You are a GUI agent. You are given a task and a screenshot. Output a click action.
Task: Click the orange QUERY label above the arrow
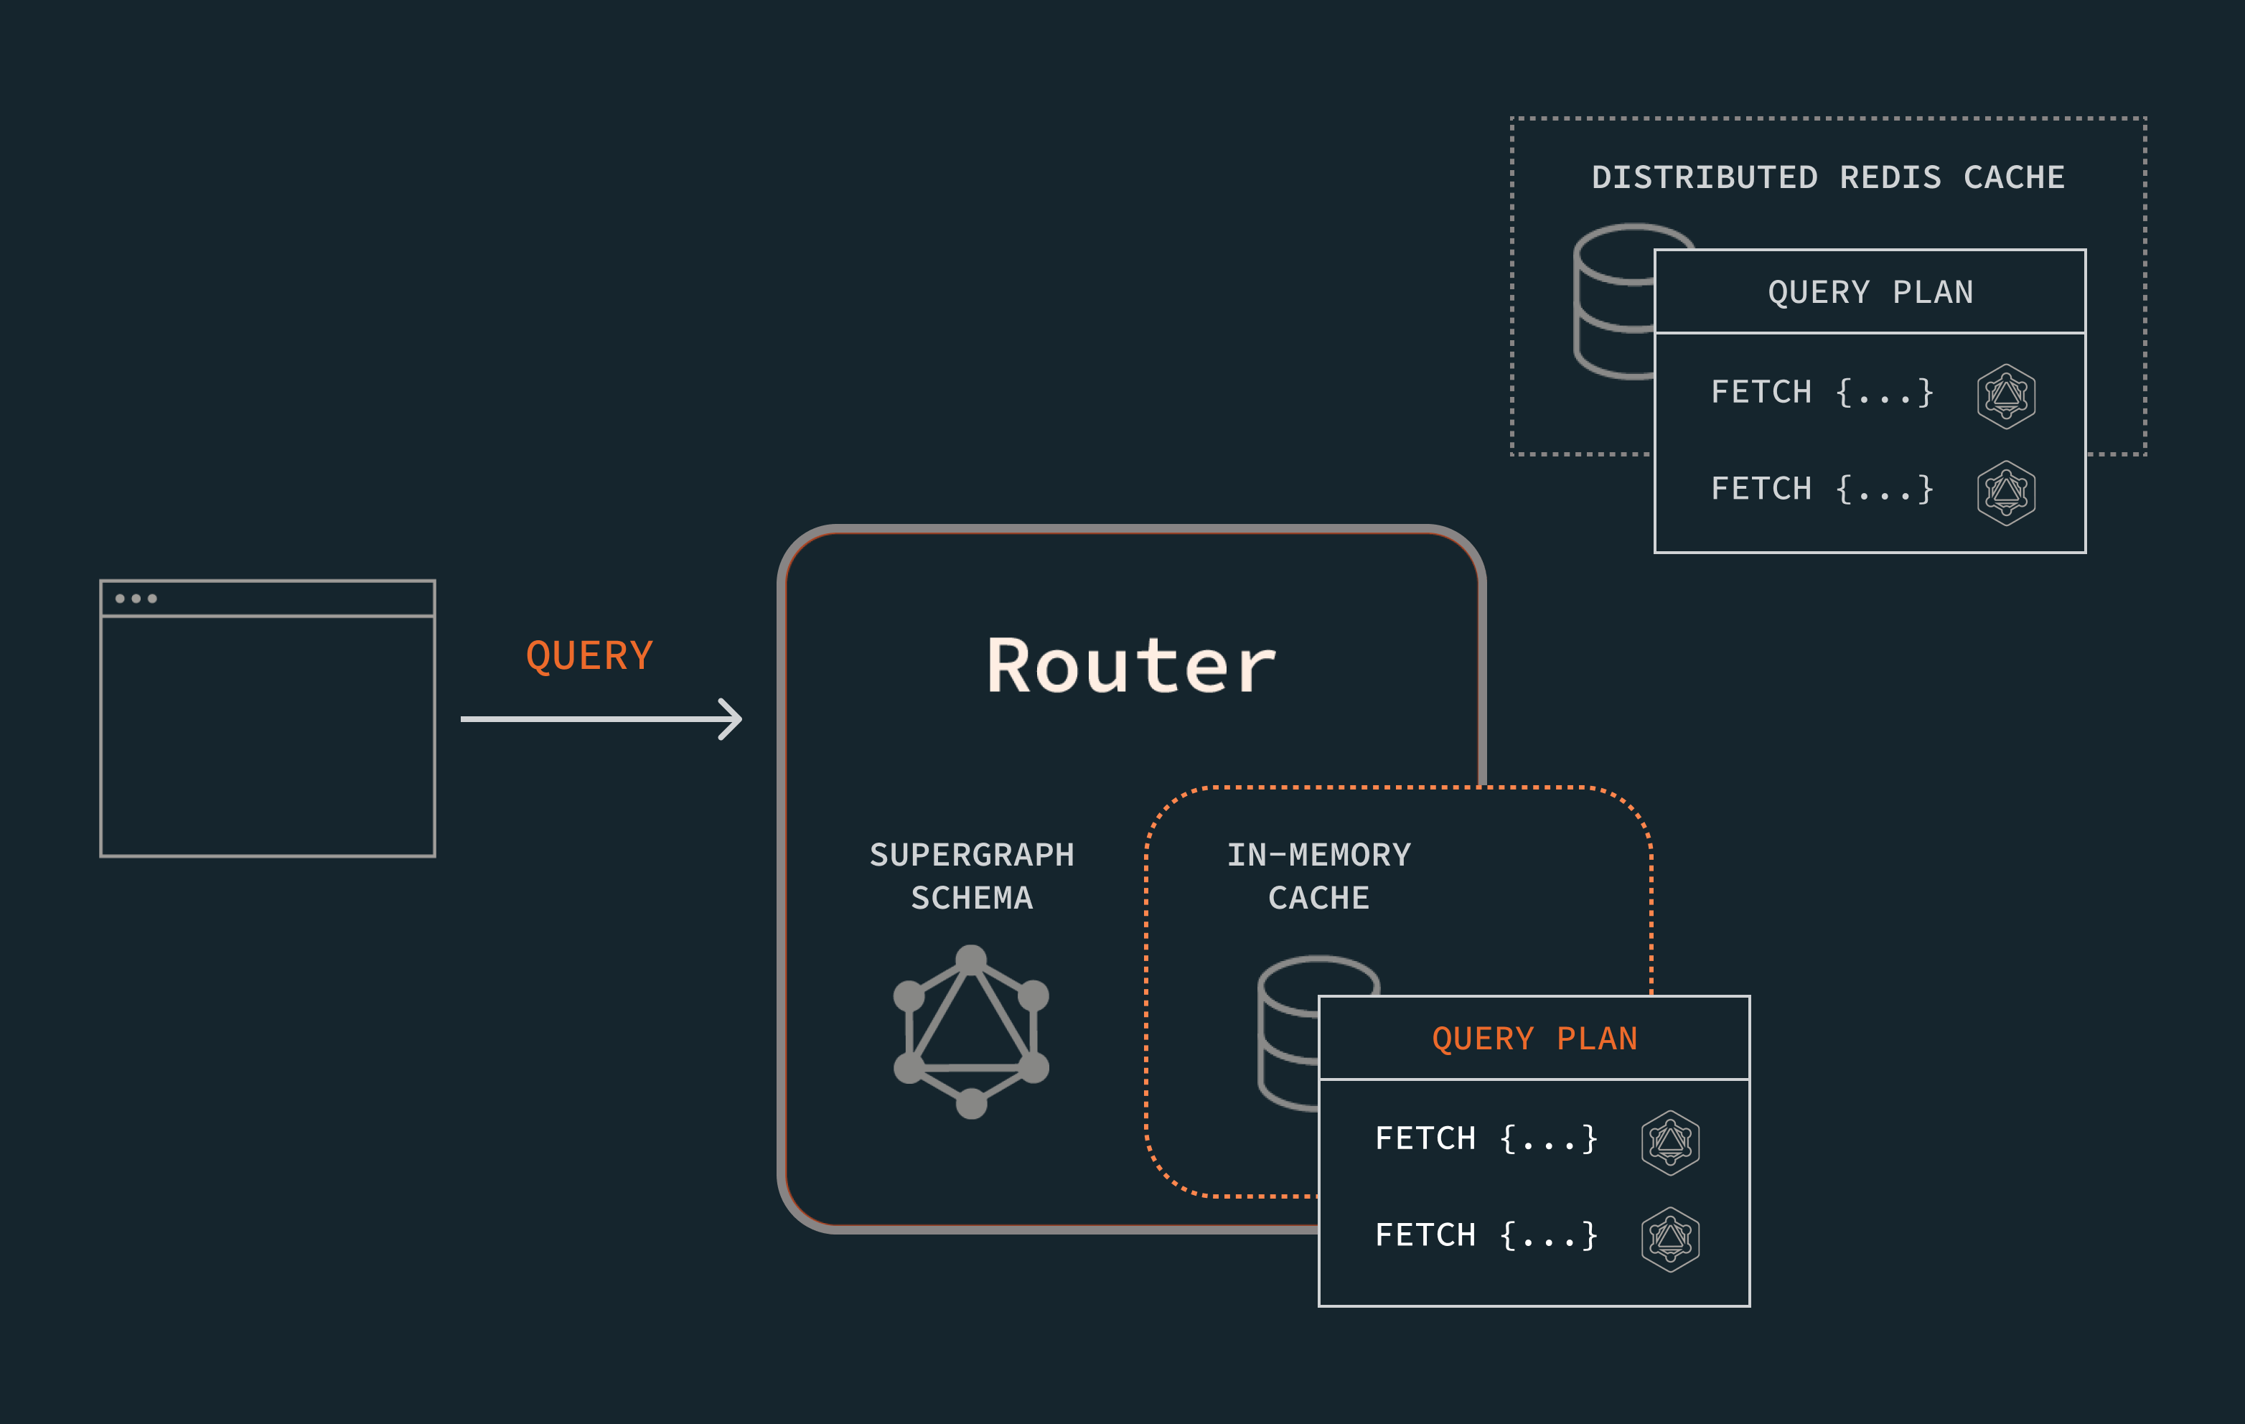(589, 655)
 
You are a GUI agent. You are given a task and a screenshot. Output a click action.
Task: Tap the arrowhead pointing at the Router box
(733, 719)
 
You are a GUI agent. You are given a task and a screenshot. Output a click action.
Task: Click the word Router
(1131, 666)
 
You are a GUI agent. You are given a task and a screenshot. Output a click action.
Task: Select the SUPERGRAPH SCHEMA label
(972, 876)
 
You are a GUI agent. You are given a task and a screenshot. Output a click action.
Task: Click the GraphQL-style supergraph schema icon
(972, 1031)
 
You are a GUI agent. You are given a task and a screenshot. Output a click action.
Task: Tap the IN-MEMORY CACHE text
(1318, 876)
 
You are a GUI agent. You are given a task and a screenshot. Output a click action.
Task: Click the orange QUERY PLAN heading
(1534, 1039)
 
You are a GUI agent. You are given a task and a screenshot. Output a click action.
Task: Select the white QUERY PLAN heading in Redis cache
(1870, 292)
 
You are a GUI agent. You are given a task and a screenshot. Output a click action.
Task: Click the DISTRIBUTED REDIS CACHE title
(1827, 177)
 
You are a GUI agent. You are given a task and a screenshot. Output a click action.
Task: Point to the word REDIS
(1890, 177)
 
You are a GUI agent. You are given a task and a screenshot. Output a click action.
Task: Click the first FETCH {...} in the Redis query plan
(1822, 393)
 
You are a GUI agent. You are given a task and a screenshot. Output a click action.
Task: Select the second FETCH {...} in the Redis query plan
(1822, 489)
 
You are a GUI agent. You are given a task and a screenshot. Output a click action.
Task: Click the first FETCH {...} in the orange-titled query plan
(1486, 1138)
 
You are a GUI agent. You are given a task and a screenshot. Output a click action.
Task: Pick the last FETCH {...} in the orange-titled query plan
(1486, 1236)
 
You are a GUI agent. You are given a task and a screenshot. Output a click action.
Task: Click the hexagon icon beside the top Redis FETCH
(2005, 396)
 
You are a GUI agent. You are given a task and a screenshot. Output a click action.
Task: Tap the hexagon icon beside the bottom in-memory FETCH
(1670, 1240)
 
